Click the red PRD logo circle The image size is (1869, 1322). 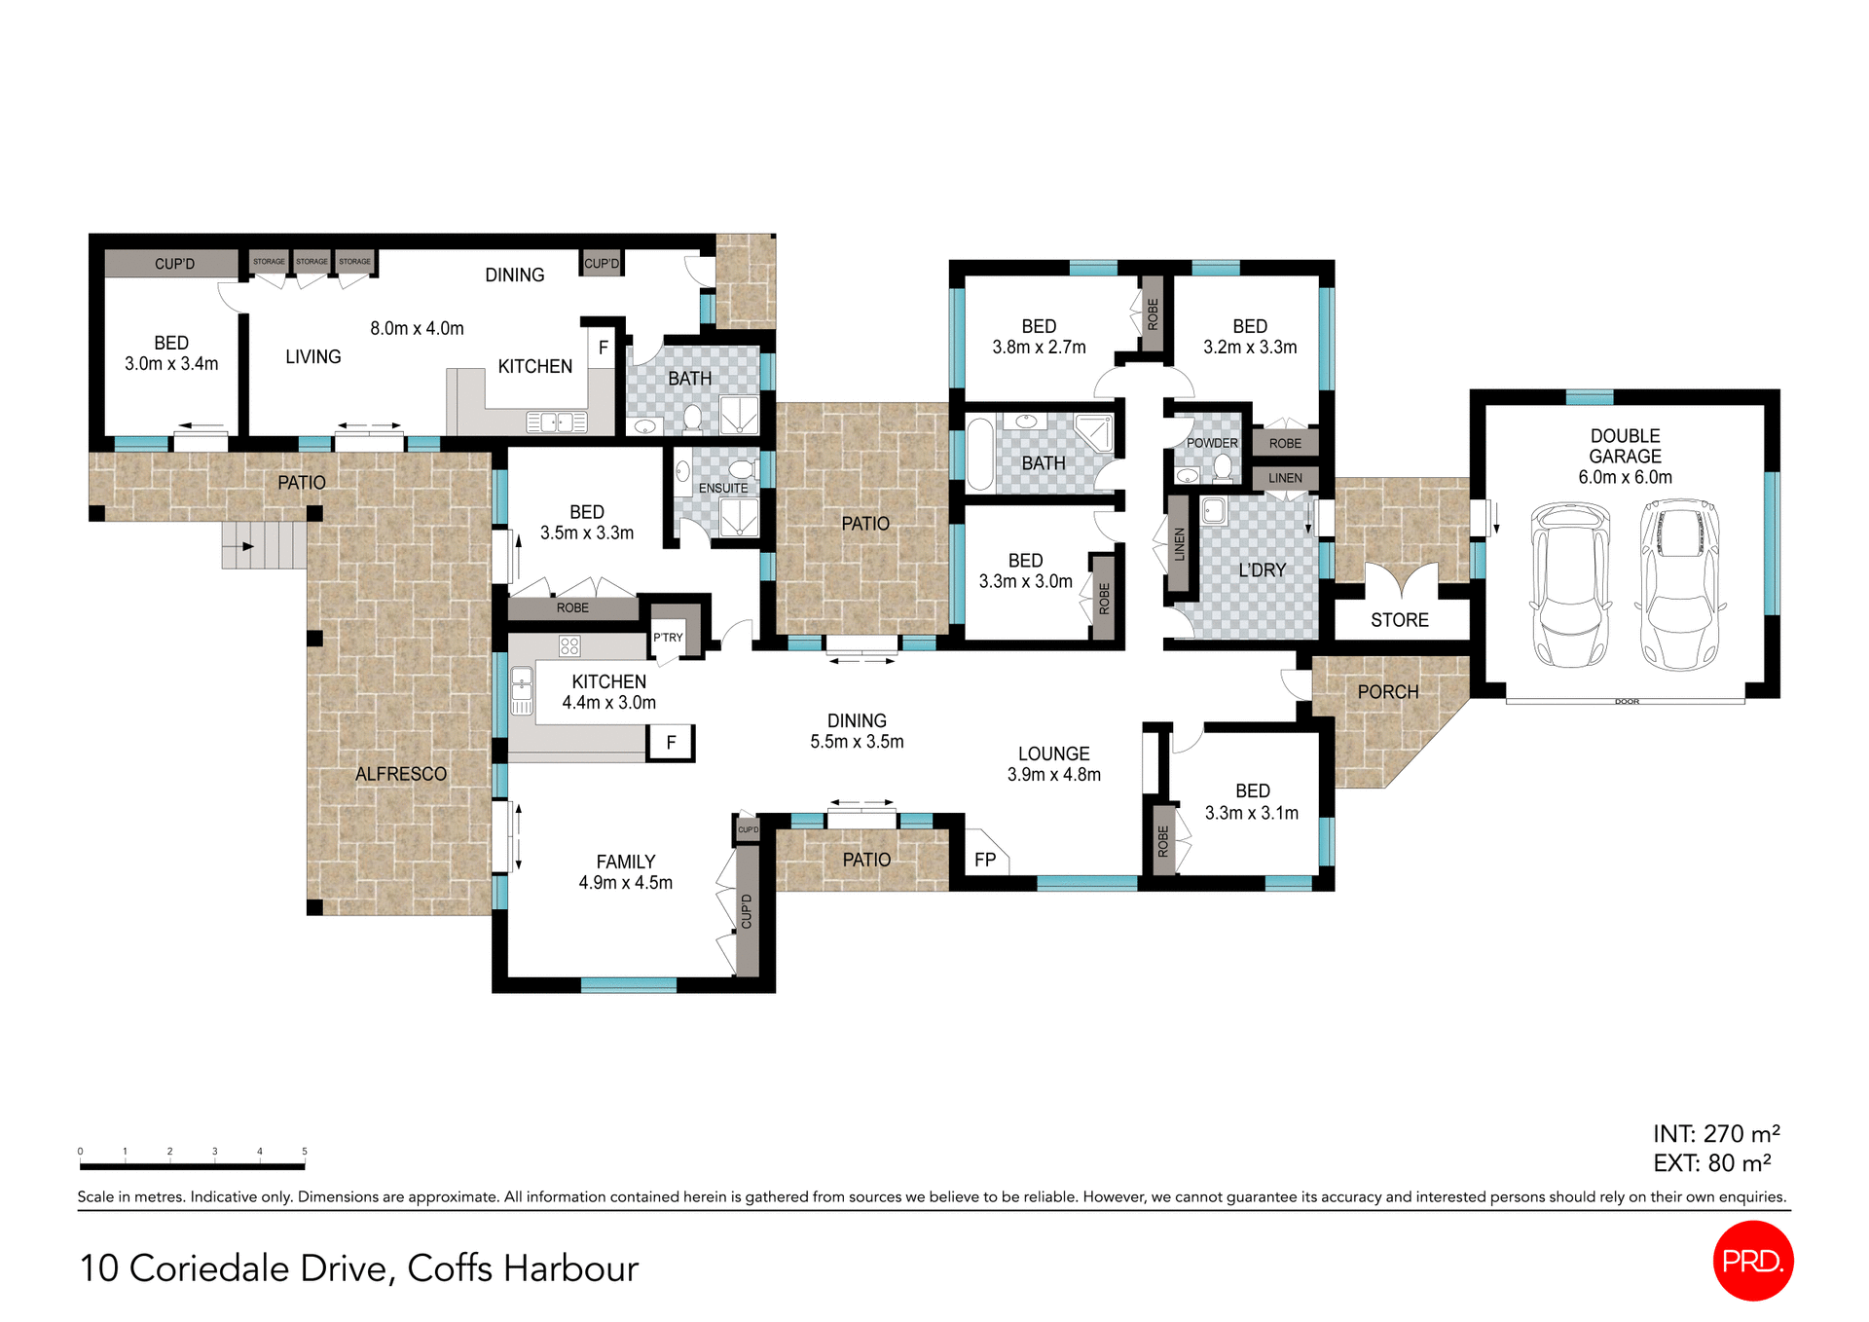[1752, 1261]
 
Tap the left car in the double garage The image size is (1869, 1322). [1570, 584]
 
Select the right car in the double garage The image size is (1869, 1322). [1679, 584]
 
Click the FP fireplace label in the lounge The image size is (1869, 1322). [985, 860]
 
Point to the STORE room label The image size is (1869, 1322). [1399, 620]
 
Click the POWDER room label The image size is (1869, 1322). [1212, 443]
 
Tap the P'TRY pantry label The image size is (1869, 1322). [668, 638]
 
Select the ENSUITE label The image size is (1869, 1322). [723, 489]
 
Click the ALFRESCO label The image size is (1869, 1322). [400, 774]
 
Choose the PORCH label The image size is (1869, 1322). [1388, 692]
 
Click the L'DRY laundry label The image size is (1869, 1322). [1262, 570]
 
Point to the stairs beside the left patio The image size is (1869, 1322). [263, 545]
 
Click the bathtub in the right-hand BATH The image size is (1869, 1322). [979, 454]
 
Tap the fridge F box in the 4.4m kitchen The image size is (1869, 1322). [671, 743]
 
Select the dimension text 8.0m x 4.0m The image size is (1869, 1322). [417, 329]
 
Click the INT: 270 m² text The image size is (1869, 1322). [1716, 1134]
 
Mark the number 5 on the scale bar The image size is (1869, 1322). [305, 1151]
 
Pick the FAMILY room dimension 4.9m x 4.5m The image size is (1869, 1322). [625, 883]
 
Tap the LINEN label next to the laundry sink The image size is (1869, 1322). [1179, 544]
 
